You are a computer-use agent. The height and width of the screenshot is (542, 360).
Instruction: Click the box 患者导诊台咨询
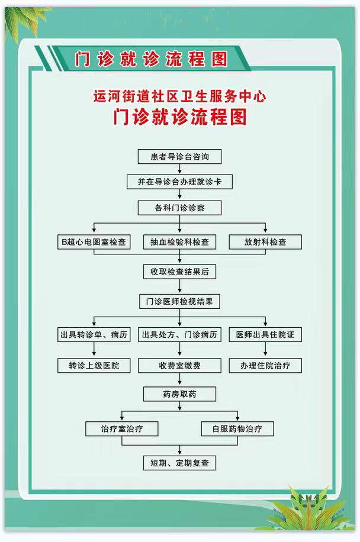(x=179, y=157)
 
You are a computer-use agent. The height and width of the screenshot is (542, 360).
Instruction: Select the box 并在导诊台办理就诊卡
(x=179, y=182)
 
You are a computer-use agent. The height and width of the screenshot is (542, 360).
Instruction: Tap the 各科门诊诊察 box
(x=179, y=208)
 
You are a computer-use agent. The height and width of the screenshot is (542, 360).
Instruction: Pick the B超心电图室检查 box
(x=94, y=242)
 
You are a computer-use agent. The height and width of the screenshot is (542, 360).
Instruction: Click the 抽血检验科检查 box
(x=179, y=242)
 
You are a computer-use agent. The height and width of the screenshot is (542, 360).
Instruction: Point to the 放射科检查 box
(x=265, y=242)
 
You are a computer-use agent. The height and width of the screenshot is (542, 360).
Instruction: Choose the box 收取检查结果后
(x=179, y=272)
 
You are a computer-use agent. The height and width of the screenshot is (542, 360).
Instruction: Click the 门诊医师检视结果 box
(x=179, y=301)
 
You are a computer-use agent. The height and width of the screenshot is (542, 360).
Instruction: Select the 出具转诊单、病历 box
(x=94, y=334)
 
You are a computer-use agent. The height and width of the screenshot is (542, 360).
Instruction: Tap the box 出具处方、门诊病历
(x=179, y=334)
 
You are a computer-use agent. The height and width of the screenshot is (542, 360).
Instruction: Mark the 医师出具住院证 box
(x=265, y=334)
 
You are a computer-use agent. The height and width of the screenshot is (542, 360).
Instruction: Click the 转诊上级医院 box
(x=94, y=366)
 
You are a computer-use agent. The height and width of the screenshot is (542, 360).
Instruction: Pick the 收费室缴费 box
(x=179, y=366)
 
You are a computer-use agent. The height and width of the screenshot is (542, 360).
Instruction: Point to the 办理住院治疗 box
(x=265, y=366)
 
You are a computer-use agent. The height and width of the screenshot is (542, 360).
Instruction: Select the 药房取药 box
(x=179, y=394)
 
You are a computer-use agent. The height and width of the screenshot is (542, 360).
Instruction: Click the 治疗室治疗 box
(x=122, y=429)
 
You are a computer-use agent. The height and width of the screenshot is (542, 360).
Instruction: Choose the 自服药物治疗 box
(x=237, y=429)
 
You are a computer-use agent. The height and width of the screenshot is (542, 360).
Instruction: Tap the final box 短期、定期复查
(x=179, y=463)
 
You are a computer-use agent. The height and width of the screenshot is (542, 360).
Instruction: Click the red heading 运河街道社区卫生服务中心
(x=179, y=96)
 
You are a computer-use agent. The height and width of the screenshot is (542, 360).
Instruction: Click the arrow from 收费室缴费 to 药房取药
(x=179, y=379)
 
